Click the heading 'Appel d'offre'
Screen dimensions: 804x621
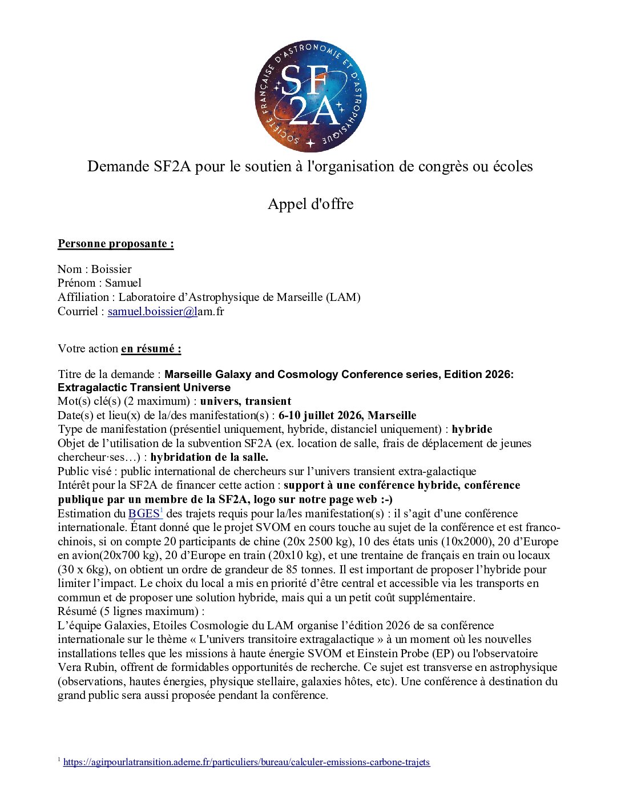coord(310,204)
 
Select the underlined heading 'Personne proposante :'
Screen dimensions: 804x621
coord(116,244)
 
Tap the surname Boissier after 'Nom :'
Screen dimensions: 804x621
coord(111,269)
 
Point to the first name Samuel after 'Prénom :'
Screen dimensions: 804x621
coord(123,283)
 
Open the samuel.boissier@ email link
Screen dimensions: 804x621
coord(152,311)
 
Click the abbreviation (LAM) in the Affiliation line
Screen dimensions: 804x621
coord(342,297)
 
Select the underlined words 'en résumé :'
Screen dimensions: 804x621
coord(151,348)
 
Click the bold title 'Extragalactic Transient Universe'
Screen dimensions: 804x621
coord(144,387)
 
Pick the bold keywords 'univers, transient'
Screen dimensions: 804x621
coord(245,401)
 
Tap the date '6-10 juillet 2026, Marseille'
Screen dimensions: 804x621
coord(347,415)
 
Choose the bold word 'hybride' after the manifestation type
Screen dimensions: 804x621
coord(471,429)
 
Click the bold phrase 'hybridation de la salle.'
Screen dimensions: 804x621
coord(209,457)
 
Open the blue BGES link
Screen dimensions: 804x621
coord(144,513)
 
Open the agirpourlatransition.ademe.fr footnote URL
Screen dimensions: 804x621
coord(247,762)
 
